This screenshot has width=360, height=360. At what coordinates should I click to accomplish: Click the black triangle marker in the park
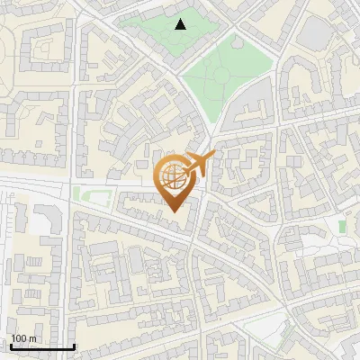click(x=181, y=24)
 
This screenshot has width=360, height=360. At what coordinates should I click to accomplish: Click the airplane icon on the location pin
click(x=201, y=163)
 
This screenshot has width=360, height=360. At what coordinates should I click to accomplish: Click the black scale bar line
click(x=42, y=346)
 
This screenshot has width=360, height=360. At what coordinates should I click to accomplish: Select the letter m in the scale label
click(x=33, y=338)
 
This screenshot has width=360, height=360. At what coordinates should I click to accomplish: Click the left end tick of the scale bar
click(x=11, y=345)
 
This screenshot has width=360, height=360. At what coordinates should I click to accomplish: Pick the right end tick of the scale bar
click(x=74, y=345)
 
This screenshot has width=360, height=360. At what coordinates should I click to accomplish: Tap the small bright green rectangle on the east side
click(x=342, y=225)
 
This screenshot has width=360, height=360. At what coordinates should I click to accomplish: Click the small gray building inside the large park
click(x=238, y=40)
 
